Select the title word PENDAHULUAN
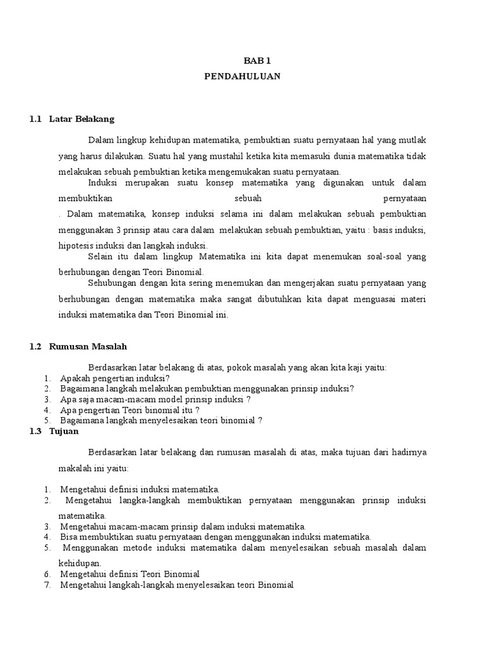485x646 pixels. (242, 76)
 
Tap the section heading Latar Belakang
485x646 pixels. (81, 119)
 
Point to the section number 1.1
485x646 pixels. (35, 119)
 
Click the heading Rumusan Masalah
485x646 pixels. (88, 346)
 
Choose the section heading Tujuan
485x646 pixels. (64, 431)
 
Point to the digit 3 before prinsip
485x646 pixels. (119, 230)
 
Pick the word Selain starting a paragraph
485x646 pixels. (102, 257)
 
